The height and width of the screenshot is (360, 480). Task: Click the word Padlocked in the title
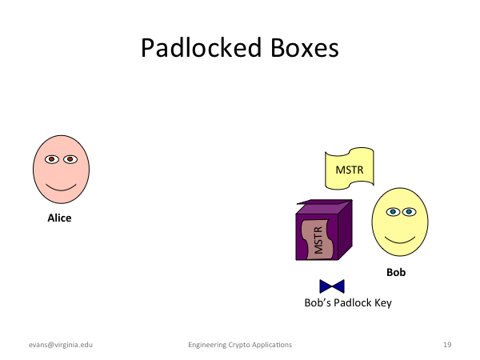[x=201, y=48]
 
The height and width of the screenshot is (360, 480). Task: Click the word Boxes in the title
[x=305, y=48]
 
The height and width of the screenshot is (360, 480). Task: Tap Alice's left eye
[x=52, y=159]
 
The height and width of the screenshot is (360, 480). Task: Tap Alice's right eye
[x=70, y=159]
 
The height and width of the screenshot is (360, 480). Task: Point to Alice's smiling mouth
[x=61, y=188]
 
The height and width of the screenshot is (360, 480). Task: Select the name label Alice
[x=59, y=218]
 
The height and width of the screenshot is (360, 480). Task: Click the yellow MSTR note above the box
[x=350, y=169]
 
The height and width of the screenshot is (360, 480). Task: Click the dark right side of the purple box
[x=346, y=230]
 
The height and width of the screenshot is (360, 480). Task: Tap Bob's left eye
[x=393, y=211]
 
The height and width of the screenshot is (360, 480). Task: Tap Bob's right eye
[x=409, y=211]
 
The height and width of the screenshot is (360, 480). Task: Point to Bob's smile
[x=400, y=240]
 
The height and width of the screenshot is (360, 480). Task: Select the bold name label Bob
[x=396, y=272]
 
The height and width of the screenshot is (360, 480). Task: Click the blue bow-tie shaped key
[x=332, y=286]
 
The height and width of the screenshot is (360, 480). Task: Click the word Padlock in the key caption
[x=352, y=302]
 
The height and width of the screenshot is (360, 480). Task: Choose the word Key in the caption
[x=383, y=303]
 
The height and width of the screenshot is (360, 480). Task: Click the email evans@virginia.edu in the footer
[x=61, y=345]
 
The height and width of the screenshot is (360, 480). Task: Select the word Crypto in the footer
[x=238, y=345]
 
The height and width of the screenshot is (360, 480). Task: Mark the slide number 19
[x=447, y=345]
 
